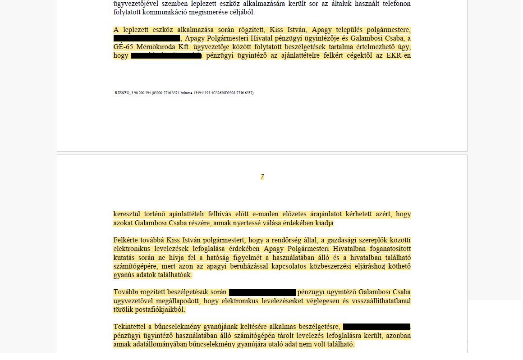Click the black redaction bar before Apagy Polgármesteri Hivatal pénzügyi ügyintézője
tap(147, 38)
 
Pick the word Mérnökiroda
tap(152, 47)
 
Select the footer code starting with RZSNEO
tap(184, 93)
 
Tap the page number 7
tap(262, 177)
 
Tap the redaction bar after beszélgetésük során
tap(262, 292)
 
